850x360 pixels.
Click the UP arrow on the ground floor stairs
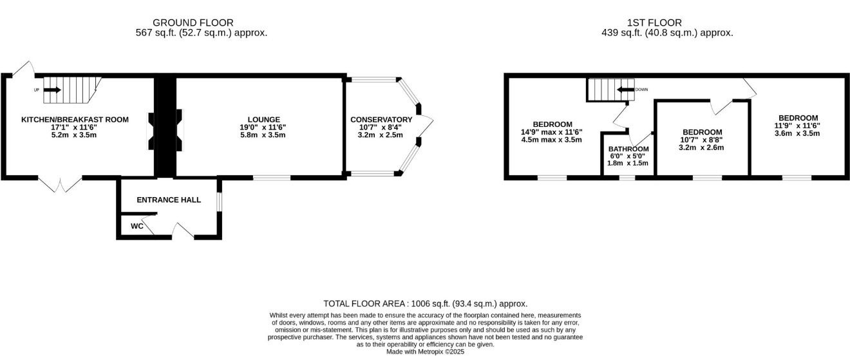(52, 90)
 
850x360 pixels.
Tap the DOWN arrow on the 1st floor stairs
(626, 90)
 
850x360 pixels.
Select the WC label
(137, 226)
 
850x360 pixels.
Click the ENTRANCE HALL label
(169, 200)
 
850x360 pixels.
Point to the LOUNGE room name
(264, 120)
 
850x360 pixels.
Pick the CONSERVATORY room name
(381, 120)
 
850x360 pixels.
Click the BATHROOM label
(628, 149)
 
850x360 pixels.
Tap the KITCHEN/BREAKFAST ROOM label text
(75, 120)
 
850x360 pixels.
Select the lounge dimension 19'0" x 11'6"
(263, 128)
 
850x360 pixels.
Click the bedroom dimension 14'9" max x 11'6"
(552, 132)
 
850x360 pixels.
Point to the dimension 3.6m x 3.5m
(797, 133)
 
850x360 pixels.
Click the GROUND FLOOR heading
(193, 23)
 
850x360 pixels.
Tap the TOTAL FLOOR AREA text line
(426, 303)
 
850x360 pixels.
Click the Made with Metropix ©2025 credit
(425, 352)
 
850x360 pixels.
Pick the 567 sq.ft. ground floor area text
(202, 33)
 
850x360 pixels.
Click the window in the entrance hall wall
(219, 202)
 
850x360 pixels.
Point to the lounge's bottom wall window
(272, 178)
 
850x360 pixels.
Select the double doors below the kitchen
(60, 184)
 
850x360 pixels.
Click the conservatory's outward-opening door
(426, 125)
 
